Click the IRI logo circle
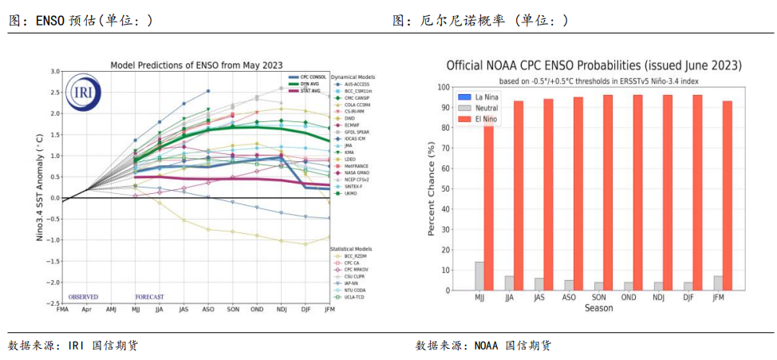83,92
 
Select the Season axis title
598,308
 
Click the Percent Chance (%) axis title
432,188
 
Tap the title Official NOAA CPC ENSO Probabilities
594,65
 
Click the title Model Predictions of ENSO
195,65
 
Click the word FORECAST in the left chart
149,297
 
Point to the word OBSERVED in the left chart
83,297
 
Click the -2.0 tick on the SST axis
54,283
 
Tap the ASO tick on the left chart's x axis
208,309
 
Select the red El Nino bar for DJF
696,192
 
